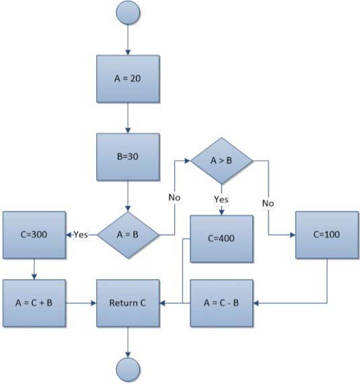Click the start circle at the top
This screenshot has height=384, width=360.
click(x=128, y=13)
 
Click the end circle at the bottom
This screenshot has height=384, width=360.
click(x=128, y=370)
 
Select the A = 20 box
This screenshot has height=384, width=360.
click(x=128, y=79)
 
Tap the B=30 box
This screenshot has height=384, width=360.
click(x=128, y=157)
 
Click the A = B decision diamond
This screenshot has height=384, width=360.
click(x=128, y=235)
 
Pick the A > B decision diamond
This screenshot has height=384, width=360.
click(x=221, y=161)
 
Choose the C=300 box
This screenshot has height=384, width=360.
click(x=34, y=235)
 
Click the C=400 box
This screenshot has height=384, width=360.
click(x=221, y=239)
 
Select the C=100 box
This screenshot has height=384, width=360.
click(x=327, y=235)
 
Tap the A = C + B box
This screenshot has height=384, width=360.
click(x=34, y=303)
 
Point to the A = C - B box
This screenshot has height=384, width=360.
click(x=221, y=303)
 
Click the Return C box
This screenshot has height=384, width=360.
click(x=128, y=303)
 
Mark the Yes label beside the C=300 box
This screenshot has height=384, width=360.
click(x=81, y=235)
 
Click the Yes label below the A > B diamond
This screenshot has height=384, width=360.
click(x=221, y=199)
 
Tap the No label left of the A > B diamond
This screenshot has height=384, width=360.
click(x=174, y=198)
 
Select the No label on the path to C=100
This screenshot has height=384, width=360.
click(x=268, y=203)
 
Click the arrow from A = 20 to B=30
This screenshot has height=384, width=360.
click(x=128, y=118)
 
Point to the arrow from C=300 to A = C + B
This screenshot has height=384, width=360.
click(x=34, y=269)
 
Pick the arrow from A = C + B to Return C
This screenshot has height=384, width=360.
click(x=81, y=303)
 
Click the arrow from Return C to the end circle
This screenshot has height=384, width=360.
click(x=128, y=342)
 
